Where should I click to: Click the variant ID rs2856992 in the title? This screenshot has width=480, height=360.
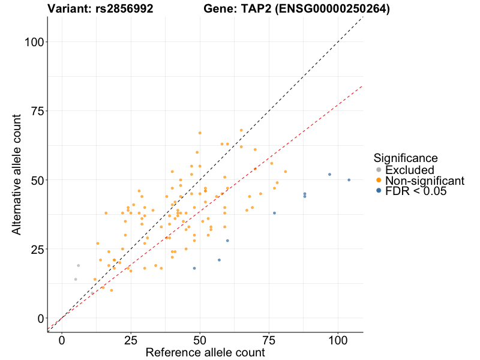pyautogui.click(x=124, y=9)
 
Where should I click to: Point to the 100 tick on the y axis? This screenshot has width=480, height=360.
pyautogui.click(x=35, y=41)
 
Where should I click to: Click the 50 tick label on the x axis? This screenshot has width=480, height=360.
pyautogui.click(x=200, y=340)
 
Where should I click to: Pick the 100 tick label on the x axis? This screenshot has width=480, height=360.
pyautogui.click(x=338, y=340)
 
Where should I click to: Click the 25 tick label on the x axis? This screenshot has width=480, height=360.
pyautogui.click(x=131, y=340)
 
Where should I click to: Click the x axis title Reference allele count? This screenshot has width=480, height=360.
pyautogui.click(x=205, y=353)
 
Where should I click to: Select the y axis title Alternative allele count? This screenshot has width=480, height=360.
pyautogui.click(x=17, y=174)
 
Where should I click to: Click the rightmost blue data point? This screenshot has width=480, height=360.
pyautogui.click(x=349, y=180)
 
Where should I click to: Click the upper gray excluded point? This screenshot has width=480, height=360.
pyautogui.click(x=78, y=265)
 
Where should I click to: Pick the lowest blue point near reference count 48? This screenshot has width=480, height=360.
pyautogui.click(x=194, y=268)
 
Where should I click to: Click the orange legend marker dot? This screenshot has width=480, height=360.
pyautogui.click(x=378, y=181)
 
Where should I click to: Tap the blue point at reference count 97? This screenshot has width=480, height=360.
pyautogui.click(x=329, y=174)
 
